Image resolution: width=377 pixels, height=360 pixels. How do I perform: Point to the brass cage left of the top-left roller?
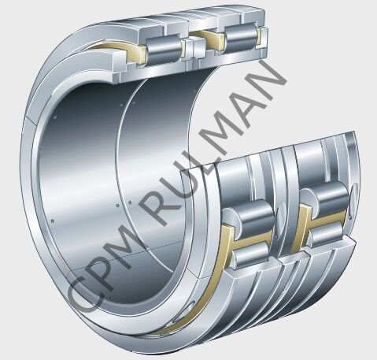[126, 58]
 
